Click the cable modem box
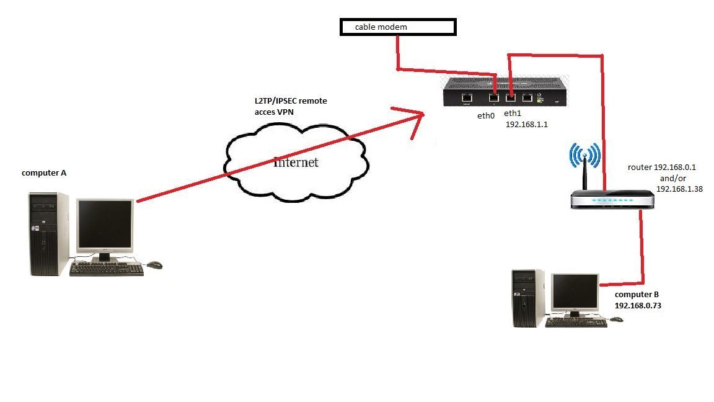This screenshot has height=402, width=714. click(x=398, y=27)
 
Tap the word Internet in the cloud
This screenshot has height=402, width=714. click(x=296, y=162)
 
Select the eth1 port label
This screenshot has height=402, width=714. click(x=513, y=114)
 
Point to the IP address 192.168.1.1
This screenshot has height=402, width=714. click(x=527, y=124)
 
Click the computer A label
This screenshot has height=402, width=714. click(x=44, y=172)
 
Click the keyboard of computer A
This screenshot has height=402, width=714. click(x=107, y=268)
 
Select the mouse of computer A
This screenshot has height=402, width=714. click(x=154, y=265)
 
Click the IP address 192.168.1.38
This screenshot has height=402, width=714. click(x=680, y=188)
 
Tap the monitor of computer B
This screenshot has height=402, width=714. click(x=576, y=293)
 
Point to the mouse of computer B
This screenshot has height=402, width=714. click(x=616, y=319)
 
